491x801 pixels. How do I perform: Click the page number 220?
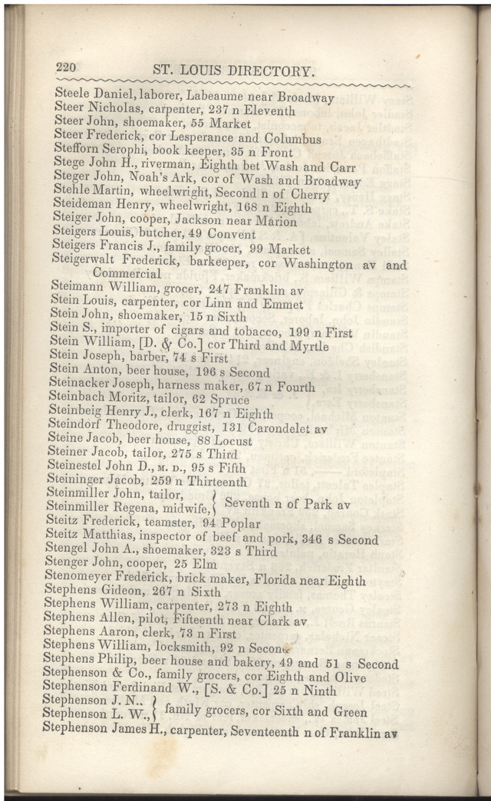point(68,68)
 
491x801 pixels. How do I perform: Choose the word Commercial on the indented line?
point(127,274)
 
